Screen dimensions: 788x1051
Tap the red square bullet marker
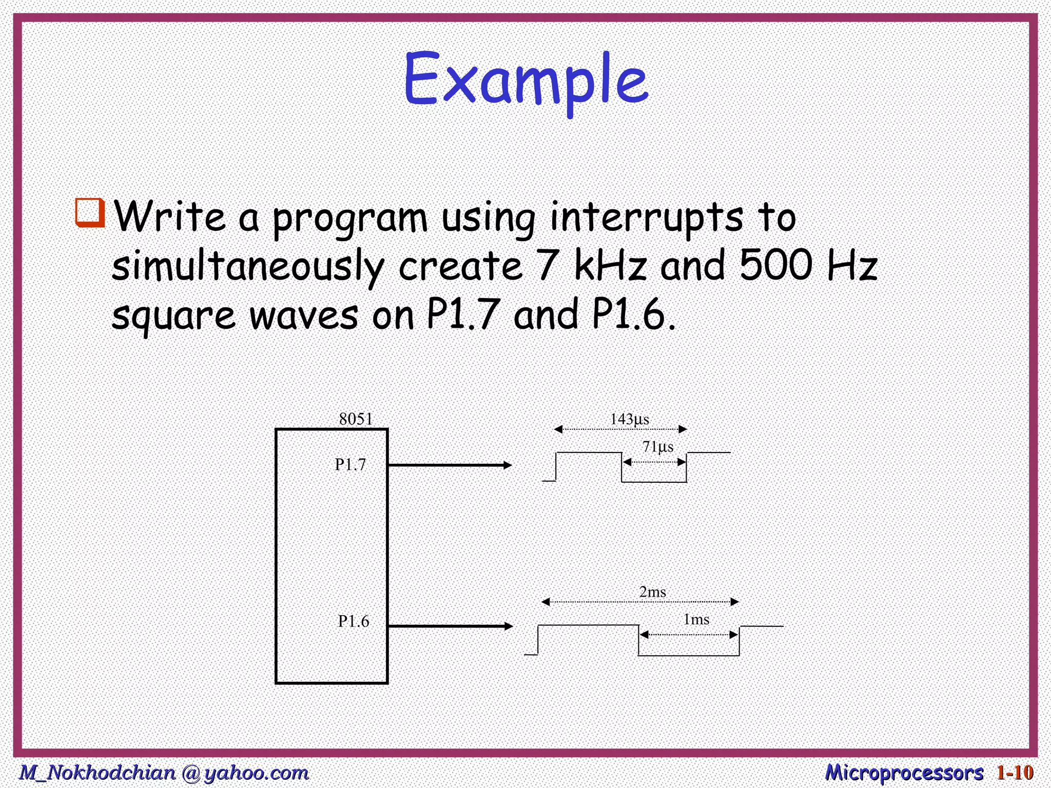tap(90, 212)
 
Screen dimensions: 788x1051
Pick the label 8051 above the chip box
tap(356, 419)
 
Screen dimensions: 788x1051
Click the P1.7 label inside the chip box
tap(351, 465)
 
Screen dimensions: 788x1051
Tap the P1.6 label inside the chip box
tap(354, 622)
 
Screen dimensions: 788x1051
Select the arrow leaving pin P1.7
tap(450, 465)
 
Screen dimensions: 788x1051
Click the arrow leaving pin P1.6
tap(450, 626)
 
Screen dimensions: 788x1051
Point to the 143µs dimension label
tap(629, 419)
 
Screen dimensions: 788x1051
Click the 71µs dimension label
tap(658, 446)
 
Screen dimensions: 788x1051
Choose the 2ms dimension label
tap(653, 592)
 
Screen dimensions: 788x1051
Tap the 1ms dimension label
tap(696, 620)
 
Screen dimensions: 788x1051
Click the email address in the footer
tap(164, 773)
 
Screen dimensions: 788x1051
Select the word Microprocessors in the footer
tap(904, 773)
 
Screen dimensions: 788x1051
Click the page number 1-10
tap(1015, 773)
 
